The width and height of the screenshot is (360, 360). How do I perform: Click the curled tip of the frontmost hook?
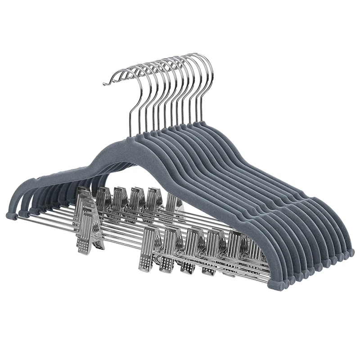click(x=106, y=83)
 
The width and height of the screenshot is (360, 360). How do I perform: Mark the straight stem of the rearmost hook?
click(x=201, y=106)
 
